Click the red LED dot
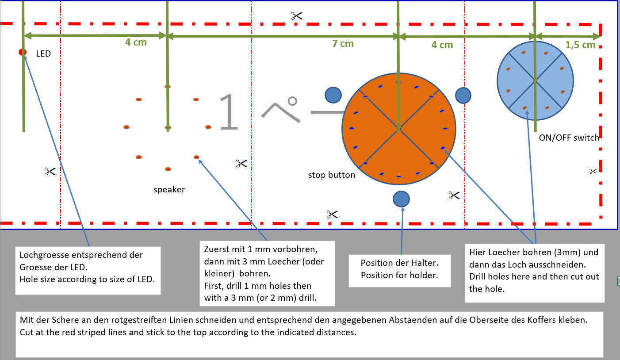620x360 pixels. point(22,52)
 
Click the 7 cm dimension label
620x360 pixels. point(343,43)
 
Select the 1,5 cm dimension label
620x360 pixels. point(581,45)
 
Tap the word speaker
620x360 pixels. point(169,190)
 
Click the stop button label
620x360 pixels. point(332,175)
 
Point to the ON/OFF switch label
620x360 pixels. point(569,138)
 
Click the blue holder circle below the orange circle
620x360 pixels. point(401,199)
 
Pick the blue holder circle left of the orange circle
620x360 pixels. point(333,95)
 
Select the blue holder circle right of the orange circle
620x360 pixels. point(463,95)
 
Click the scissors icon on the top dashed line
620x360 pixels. point(296,16)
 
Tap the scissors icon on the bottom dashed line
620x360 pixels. point(332,214)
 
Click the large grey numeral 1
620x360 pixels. point(228,112)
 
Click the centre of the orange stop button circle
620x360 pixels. point(399,129)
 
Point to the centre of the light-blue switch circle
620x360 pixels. point(535,80)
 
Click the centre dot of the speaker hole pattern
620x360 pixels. point(168,127)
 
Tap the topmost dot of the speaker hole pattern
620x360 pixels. point(168,87)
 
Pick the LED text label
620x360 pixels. point(43,54)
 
